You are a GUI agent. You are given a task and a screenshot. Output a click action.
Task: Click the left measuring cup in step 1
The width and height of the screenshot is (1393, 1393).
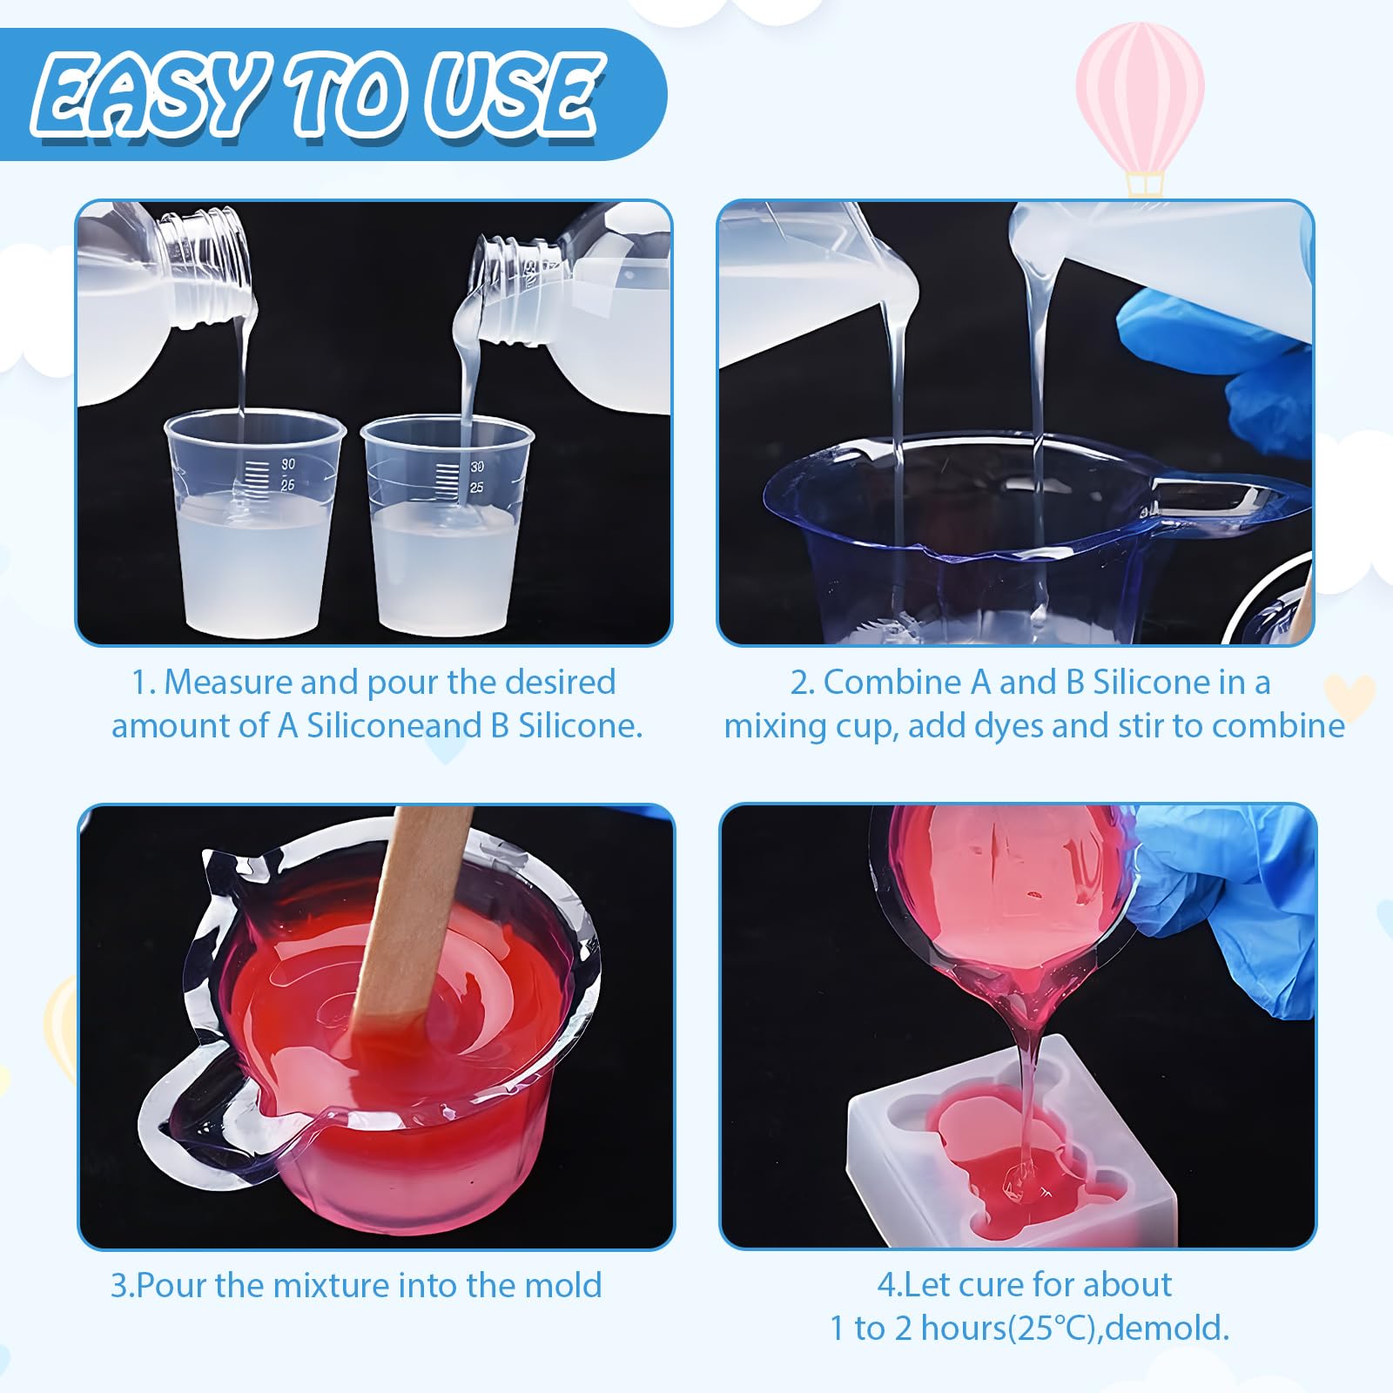click(x=254, y=523)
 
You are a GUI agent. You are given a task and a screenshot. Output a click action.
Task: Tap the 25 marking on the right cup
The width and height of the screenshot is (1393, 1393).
click(x=476, y=488)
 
